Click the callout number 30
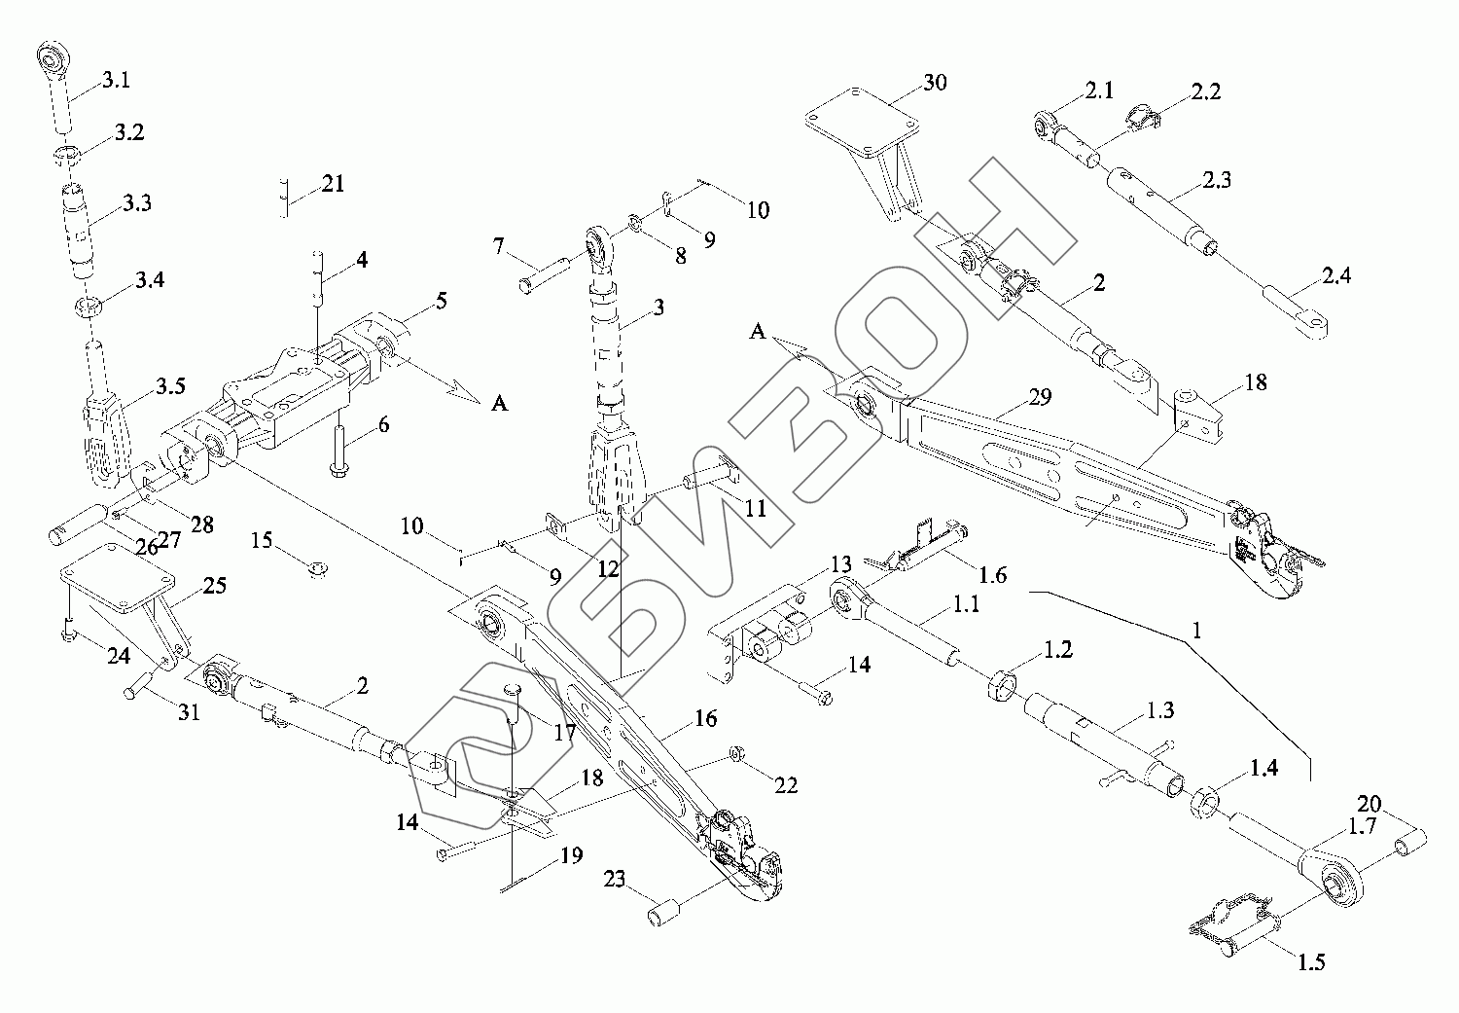[934, 82]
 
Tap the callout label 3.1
[115, 81]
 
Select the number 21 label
[332, 183]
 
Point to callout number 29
[1012, 396]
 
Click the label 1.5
[1310, 963]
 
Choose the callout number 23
[614, 880]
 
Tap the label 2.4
[1336, 275]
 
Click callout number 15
[262, 539]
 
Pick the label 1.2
[1057, 650]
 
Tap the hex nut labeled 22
[736, 754]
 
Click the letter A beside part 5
[499, 404]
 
